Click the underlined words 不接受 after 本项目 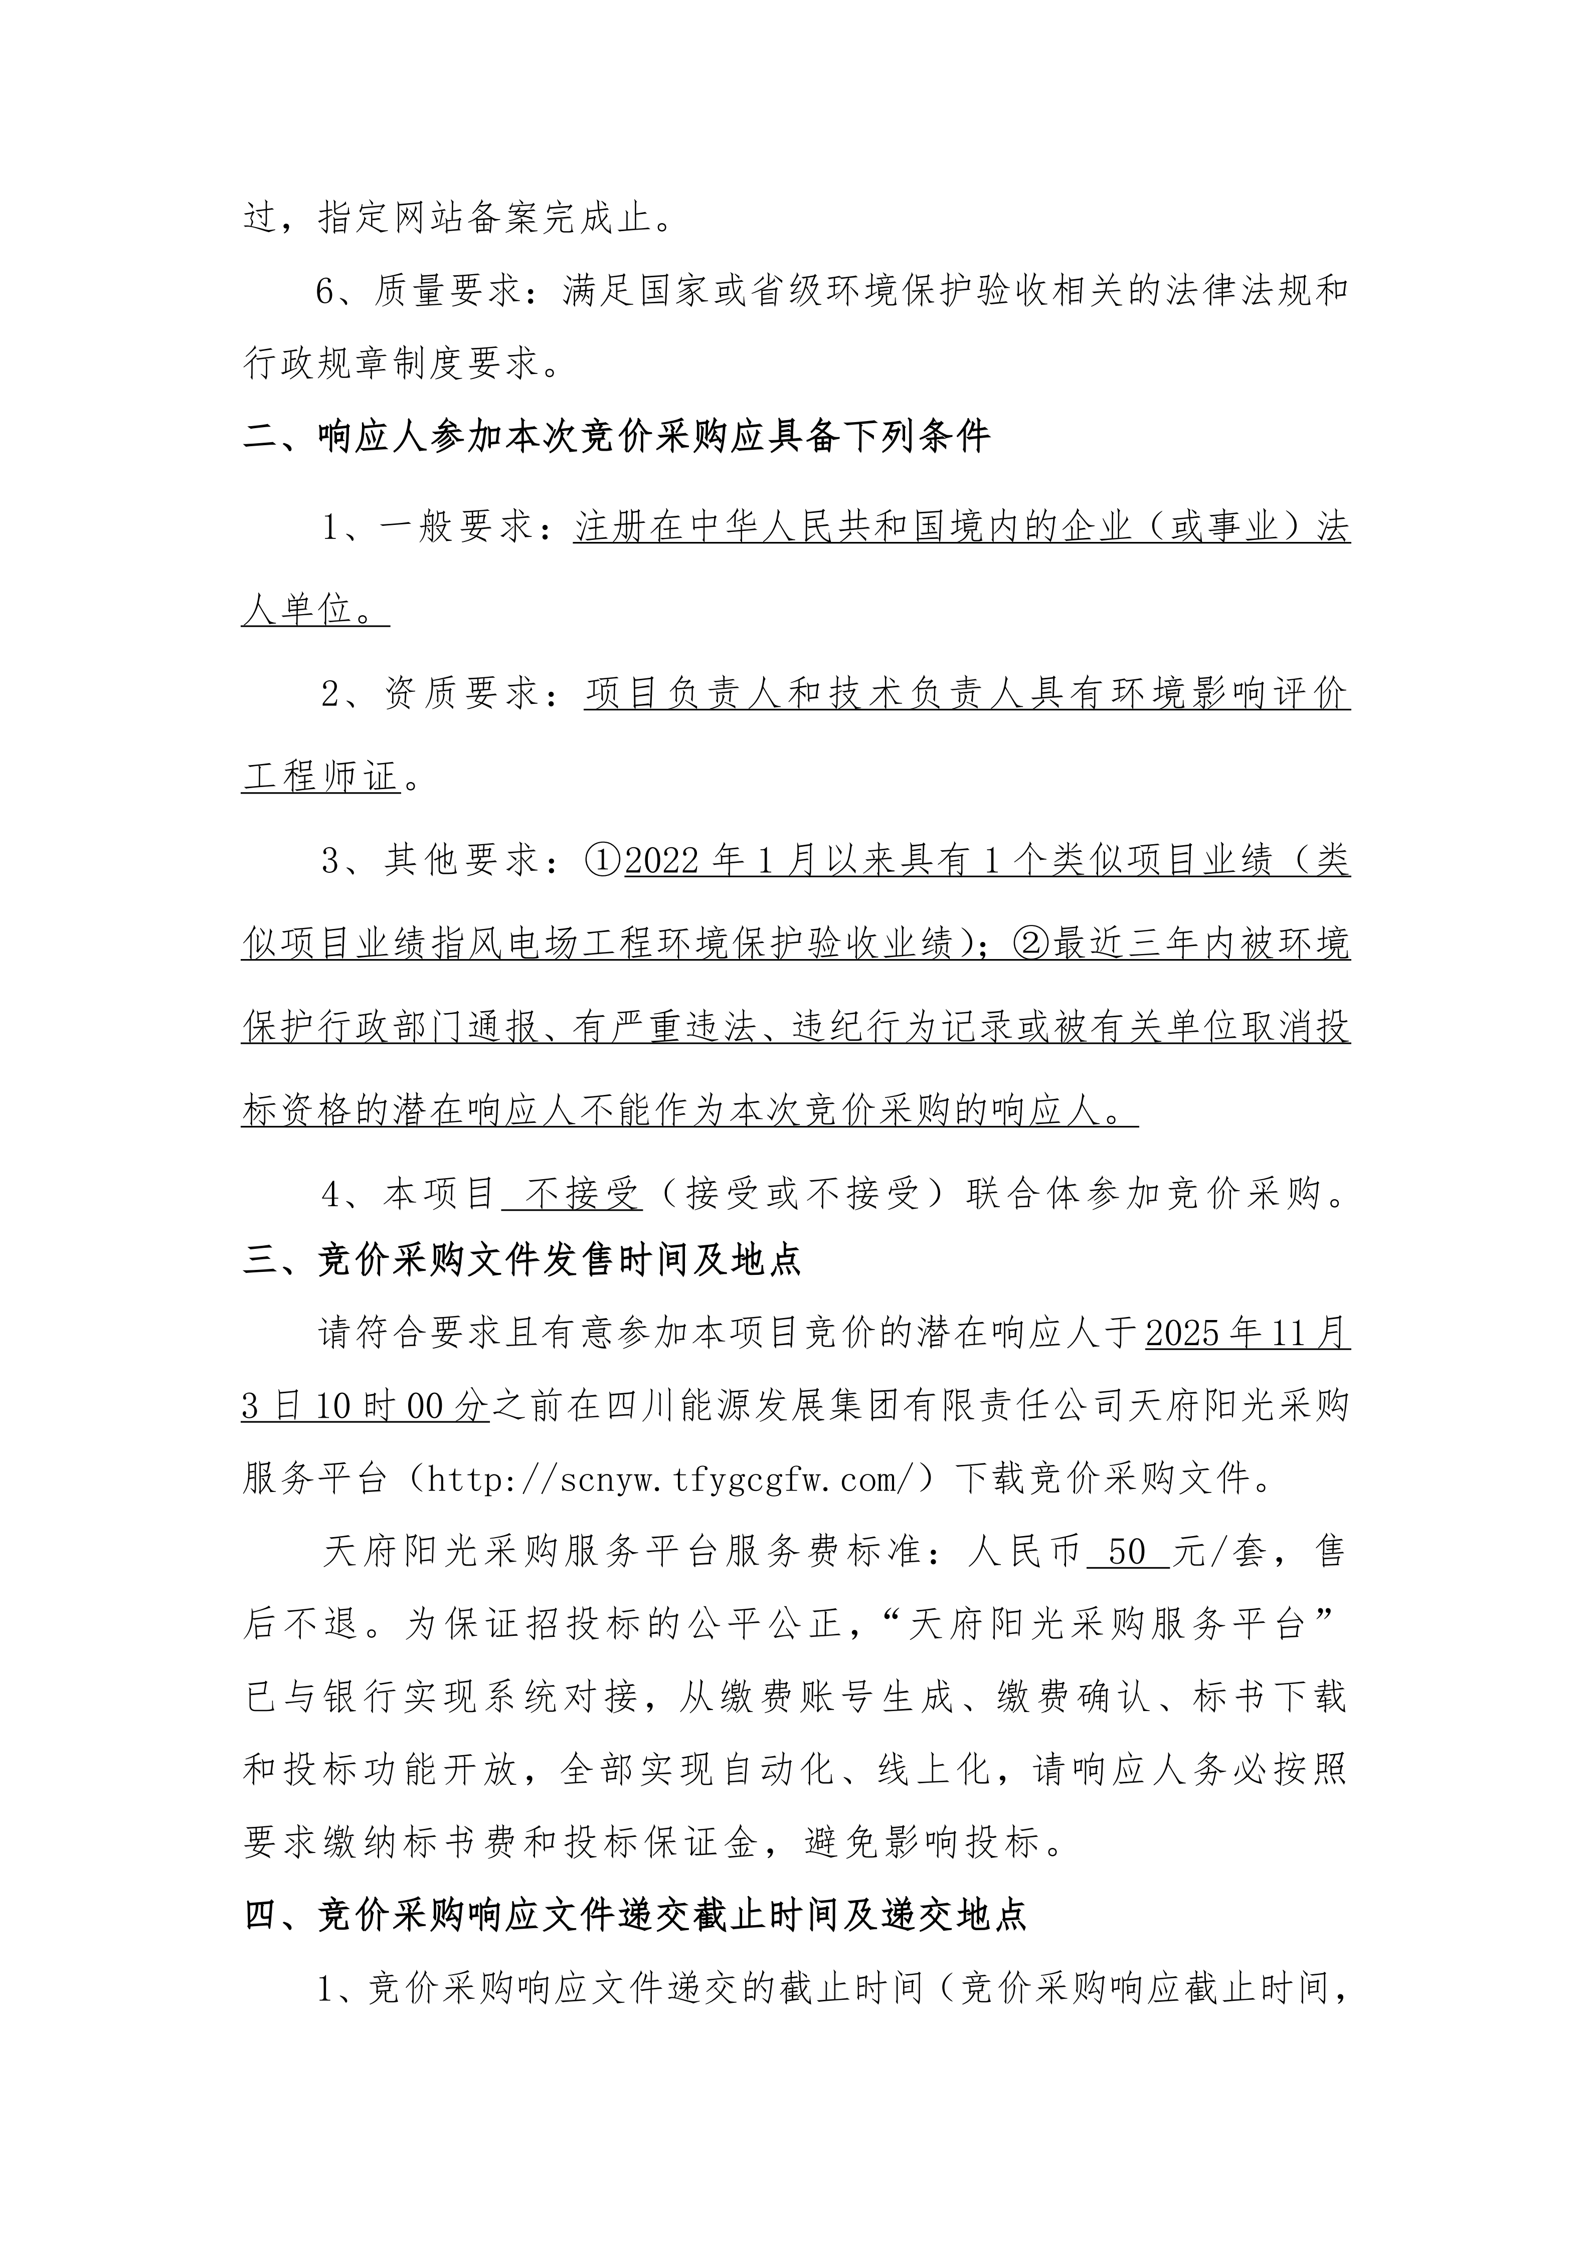pos(582,1194)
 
